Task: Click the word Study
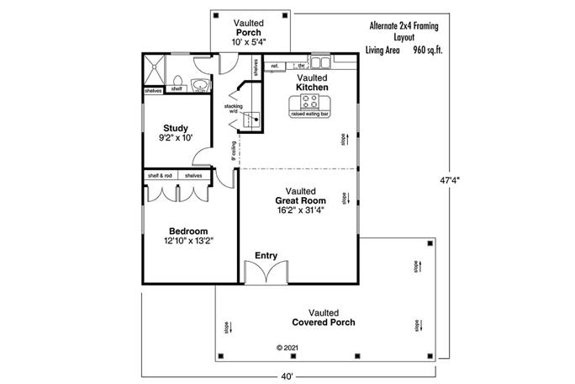click(176, 128)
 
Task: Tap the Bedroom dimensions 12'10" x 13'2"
click(189, 241)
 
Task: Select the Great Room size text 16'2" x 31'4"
click(300, 211)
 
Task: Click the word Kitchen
click(312, 88)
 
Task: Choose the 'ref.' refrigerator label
click(275, 65)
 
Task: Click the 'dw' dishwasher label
click(300, 65)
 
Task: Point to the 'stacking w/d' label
click(233, 109)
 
